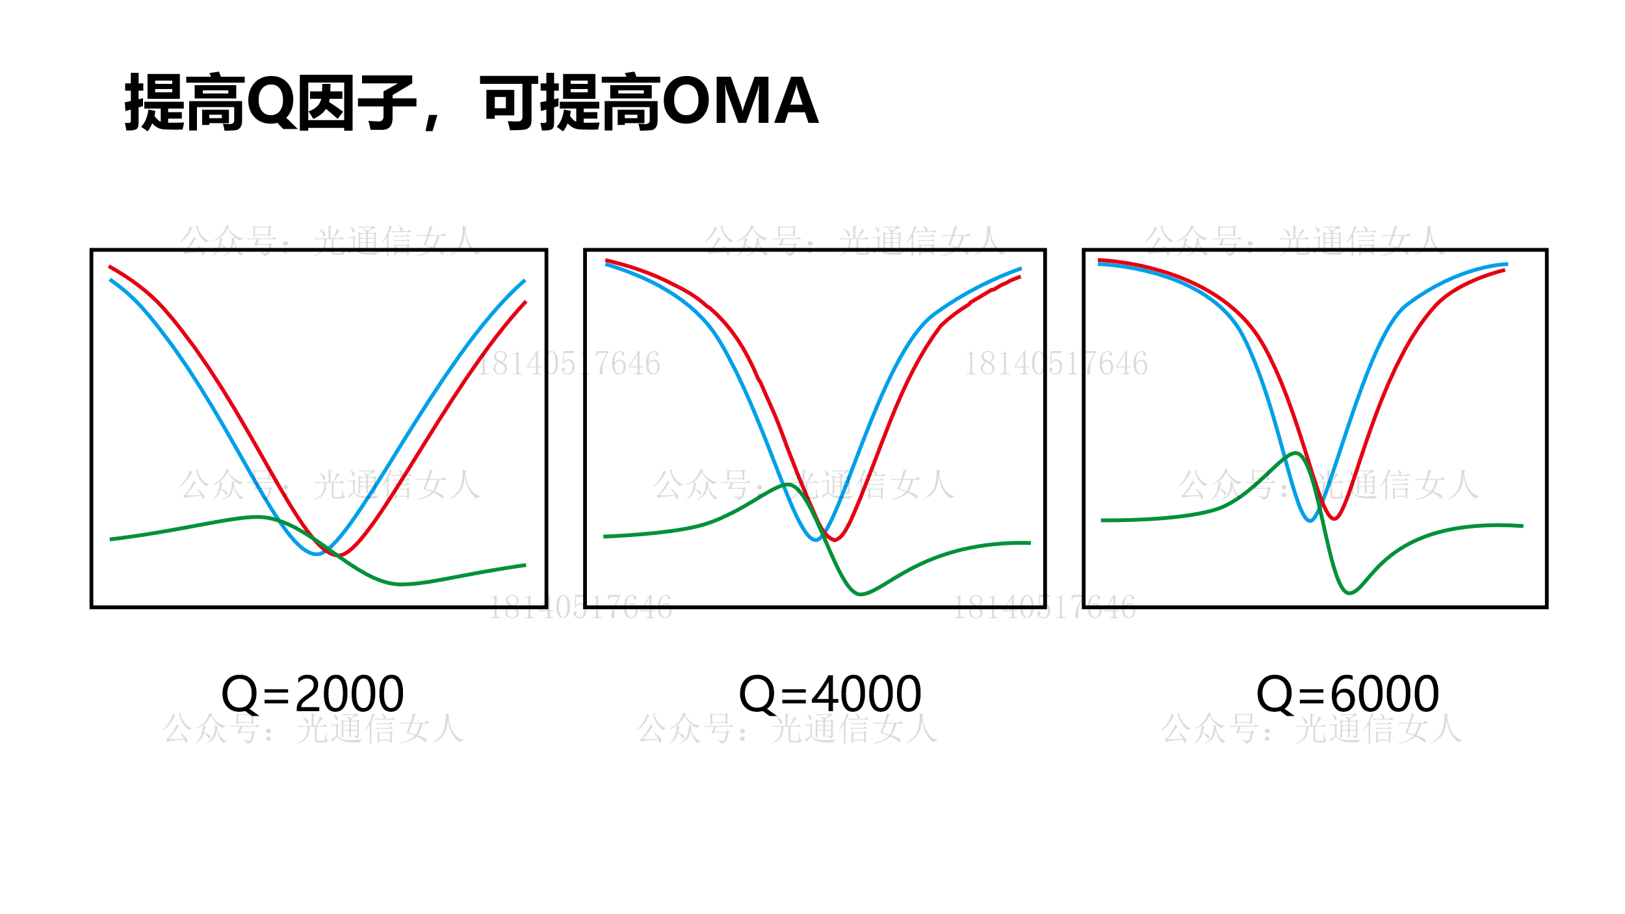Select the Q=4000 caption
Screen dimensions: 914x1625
(x=829, y=694)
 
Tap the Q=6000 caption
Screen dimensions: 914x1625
(x=1347, y=694)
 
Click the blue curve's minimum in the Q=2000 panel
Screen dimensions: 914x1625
(x=317, y=554)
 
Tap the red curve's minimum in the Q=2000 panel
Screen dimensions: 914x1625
(x=339, y=555)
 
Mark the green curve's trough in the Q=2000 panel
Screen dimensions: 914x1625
(x=400, y=584)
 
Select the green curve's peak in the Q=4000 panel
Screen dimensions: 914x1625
(x=787, y=485)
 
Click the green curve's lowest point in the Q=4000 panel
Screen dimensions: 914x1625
(x=859, y=594)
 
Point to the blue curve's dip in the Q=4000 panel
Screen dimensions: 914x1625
(x=816, y=540)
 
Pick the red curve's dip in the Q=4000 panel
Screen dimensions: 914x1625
(x=835, y=540)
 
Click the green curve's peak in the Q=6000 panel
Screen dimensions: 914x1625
(x=1295, y=453)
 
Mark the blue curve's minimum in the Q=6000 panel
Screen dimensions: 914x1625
(x=1310, y=521)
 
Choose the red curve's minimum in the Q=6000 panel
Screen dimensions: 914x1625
(x=1334, y=519)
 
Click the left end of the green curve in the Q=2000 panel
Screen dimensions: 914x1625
(x=110, y=539)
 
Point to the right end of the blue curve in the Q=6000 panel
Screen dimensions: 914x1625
(x=1507, y=265)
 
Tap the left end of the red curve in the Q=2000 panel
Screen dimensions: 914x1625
(x=109, y=267)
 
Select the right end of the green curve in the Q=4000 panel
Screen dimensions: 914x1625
(x=1030, y=543)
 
